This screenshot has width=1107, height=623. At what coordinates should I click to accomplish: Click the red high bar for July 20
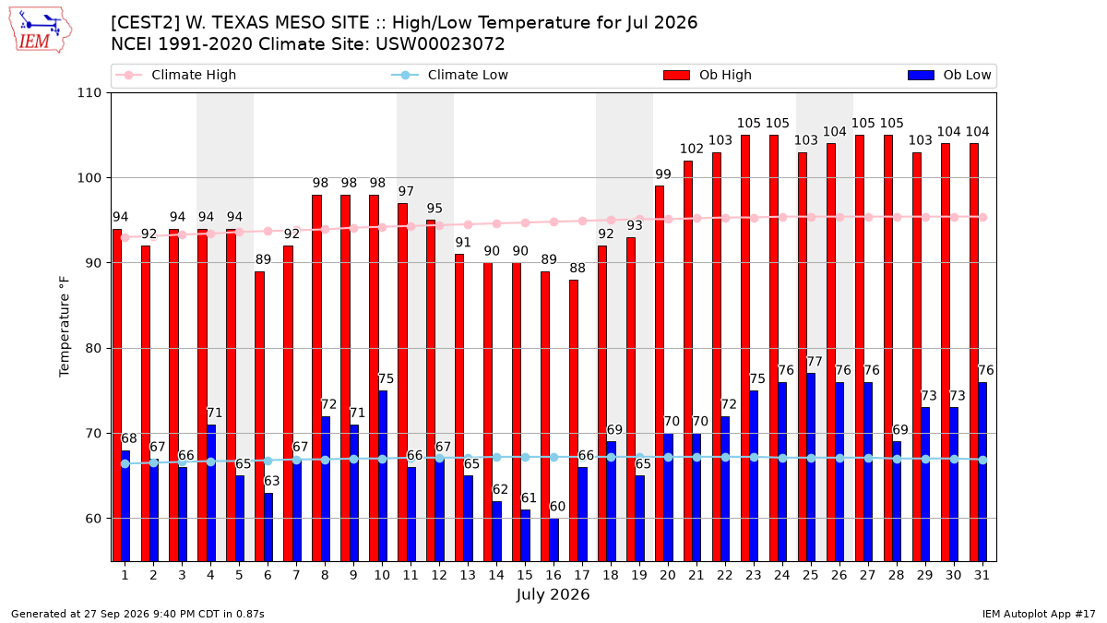tap(660, 373)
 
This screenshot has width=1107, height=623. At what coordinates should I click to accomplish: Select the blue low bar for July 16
tap(554, 540)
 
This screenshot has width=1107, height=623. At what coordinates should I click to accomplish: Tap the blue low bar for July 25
tap(811, 467)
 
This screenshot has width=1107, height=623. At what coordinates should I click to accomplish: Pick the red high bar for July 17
tap(573, 420)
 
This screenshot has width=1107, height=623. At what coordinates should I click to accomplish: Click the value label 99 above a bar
tap(663, 174)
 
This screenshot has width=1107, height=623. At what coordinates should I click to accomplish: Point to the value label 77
tap(815, 362)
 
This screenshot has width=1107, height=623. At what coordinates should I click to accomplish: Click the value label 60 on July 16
tap(557, 507)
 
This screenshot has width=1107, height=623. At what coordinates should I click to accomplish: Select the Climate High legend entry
tap(175, 75)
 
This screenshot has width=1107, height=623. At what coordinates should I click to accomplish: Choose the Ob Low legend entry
tap(949, 75)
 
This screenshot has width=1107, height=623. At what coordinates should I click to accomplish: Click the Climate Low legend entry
tap(450, 75)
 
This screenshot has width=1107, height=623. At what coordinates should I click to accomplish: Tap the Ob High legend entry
tap(708, 75)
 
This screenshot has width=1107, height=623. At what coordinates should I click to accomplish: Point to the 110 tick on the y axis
tap(89, 93)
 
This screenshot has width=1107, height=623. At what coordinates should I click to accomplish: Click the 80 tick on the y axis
tap(93, 348)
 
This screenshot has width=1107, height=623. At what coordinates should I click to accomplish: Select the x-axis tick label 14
tap(496, 575)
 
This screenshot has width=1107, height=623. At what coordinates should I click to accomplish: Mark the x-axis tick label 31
tap(982, 575)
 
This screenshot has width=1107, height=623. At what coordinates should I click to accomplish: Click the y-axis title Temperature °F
tap(65, 327)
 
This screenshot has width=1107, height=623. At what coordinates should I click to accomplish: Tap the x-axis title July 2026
tap(553, 594)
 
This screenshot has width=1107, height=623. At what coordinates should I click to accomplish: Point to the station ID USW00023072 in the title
tap(440, 44)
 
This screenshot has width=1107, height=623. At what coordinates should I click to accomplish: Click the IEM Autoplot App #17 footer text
tap(1039, 614)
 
